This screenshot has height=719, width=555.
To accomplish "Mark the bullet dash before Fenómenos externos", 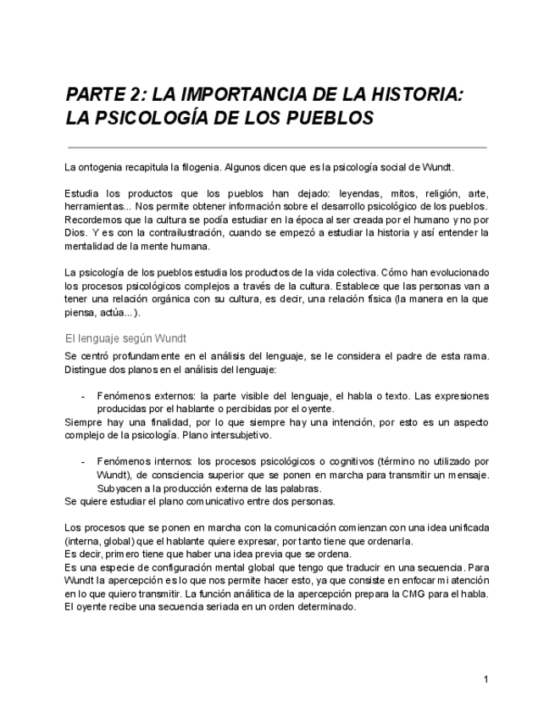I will pyautogui.click(x=82, y=396).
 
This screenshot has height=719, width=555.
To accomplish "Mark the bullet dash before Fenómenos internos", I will pyautogui.click(x=82, y=462).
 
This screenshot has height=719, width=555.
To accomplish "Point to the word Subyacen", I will pyautogui.click(x=119, y=488).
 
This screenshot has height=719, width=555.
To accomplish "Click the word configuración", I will pyautogui.click(x=169, y=567).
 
